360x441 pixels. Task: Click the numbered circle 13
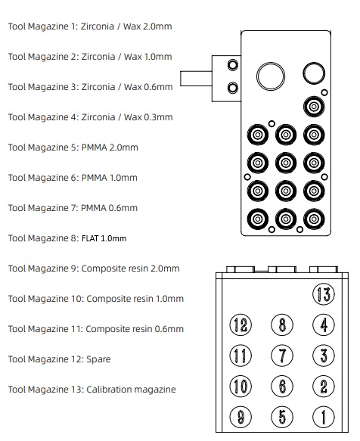324,294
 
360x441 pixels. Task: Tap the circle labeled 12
241,325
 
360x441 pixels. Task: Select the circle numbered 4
324,325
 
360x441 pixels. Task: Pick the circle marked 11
241,356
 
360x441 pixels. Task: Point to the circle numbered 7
282,356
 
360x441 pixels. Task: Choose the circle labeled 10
241,386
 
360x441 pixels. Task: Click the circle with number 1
324,417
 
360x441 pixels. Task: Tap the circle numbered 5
282,417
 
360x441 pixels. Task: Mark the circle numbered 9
241,417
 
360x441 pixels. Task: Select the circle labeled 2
324,386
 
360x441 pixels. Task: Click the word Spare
98,359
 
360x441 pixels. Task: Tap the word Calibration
109,390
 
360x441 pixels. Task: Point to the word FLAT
90,238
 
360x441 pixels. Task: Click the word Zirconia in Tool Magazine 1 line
98,26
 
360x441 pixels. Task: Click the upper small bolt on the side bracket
233,65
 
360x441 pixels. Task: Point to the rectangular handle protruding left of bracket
196,79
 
